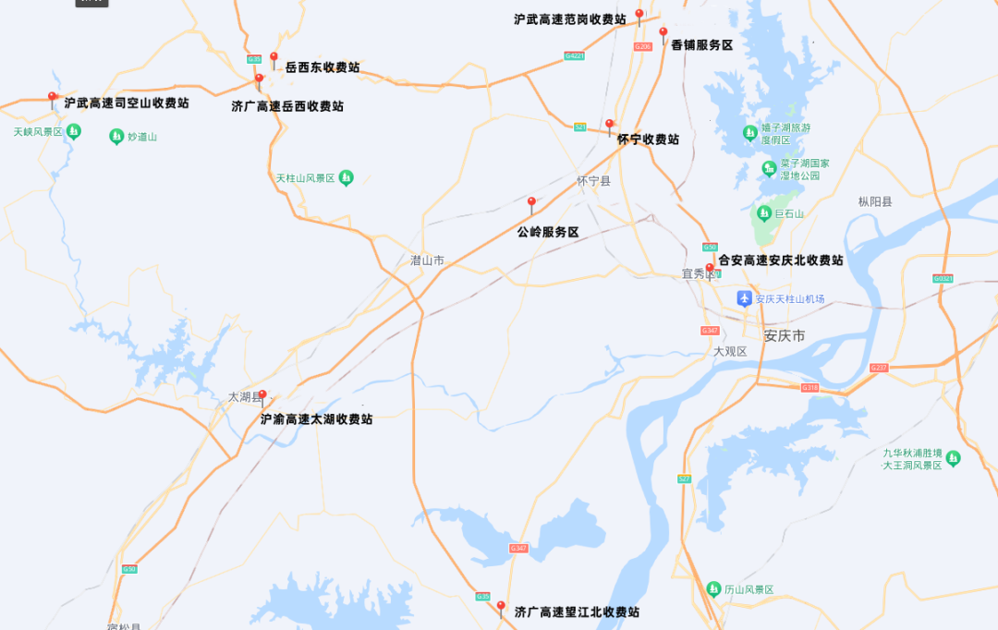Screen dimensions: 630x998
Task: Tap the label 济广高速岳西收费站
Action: coord(287,106)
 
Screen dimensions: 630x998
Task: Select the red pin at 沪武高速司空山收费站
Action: coord(52,98)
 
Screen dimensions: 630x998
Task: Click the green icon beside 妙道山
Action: coord(116,137)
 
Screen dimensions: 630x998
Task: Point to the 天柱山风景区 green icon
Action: coord(346,177)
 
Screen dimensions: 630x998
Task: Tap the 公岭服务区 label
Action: coord(548,232)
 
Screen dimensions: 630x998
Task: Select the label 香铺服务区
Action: coord(701,44)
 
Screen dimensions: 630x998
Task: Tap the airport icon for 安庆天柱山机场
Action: coord(745,298)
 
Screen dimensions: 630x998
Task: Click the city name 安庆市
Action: coord(785,335)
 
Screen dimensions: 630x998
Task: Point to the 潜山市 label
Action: coord(427,260)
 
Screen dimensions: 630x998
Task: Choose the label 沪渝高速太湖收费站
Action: coord(316,418)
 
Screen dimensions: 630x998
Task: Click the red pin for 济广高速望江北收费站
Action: coord(501,609)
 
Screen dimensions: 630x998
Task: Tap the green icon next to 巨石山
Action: coord(763,213)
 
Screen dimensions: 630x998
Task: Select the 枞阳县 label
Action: coord(875,201)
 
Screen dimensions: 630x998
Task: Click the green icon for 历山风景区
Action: coord(713,589)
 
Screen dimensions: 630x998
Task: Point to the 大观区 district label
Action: coord(730,351)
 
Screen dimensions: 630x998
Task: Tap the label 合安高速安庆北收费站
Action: coord(781,260)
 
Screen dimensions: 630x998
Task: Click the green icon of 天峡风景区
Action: coord(74,132)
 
